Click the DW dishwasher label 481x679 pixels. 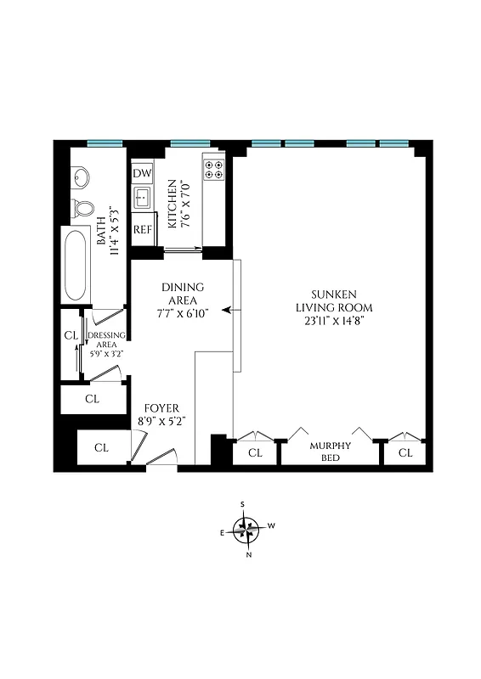[142, 173]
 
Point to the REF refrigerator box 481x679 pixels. [142, 229]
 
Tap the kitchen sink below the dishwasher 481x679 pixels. [142, 200]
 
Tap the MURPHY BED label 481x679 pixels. [330, 452]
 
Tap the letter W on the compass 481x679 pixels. [272, 526]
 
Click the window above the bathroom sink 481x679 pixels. [105, 142]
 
